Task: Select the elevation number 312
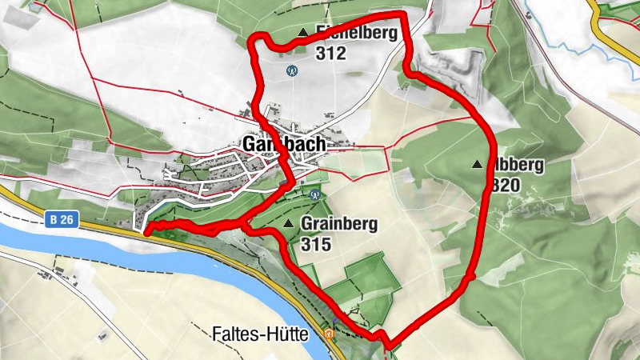330,54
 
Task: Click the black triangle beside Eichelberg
302,33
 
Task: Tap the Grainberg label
339,224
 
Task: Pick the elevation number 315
317,244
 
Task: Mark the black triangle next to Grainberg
288,223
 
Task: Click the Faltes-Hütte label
261,335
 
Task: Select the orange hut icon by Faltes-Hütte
329,334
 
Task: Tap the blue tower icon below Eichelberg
292,70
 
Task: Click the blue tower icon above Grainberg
313,194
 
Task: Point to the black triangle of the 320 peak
478,165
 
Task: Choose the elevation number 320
506,186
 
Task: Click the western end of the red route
147,232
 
